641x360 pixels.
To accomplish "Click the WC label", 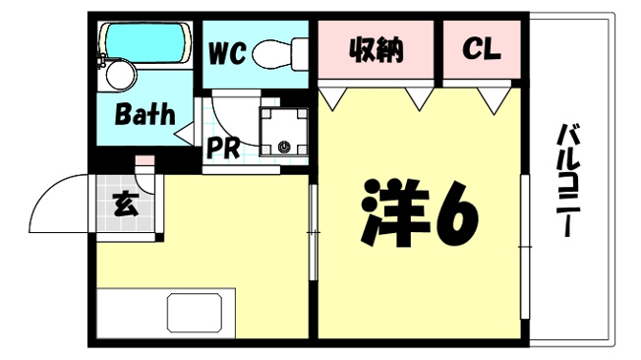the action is tap(227, 53).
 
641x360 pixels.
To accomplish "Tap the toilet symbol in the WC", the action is tap(280, 54).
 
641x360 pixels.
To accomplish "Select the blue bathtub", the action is tap(146, 43).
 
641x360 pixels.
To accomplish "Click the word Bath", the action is tap(145, 114).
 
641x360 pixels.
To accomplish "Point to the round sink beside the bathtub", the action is tap(121, 75).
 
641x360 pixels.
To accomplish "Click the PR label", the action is tap(223, 148).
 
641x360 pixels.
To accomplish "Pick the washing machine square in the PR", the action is tap(284, 132).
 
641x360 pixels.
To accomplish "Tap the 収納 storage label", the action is tap(376, 50).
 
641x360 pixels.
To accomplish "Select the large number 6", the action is tap(456, 214).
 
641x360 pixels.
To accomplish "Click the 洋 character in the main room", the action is tap(395, 212).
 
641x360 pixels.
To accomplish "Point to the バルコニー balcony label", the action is tap(567, 180).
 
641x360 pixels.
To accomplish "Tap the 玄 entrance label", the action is tap(126, 204).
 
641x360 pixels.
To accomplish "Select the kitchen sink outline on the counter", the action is tap(195, 312).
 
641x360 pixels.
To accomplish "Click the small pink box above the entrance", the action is tap(145, 160).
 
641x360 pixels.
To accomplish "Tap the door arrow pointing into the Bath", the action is tap(185, 134).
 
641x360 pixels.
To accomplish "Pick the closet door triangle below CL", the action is tap(494, 99).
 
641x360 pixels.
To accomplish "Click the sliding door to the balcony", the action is tap(524, 247).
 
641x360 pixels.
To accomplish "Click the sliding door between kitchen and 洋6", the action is tap(314, 232).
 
